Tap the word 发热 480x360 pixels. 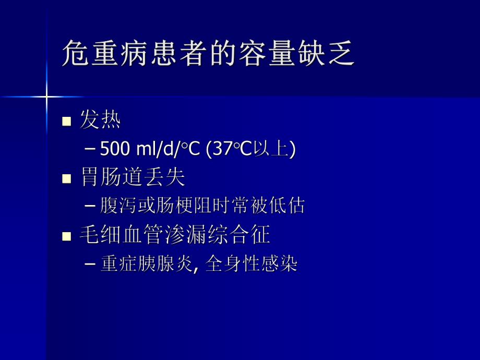100,121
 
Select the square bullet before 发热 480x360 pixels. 66,122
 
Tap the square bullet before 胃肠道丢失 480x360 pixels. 66,179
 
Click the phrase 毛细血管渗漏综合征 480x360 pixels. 174,235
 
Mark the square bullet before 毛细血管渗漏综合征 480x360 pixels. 66,236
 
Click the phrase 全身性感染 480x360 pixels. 251,264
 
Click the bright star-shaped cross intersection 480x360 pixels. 46,97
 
